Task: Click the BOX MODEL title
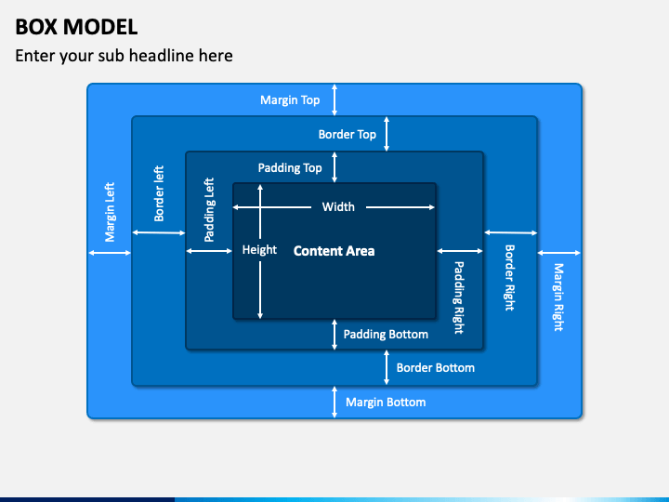(x=76, y=27)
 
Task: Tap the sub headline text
(x=124, y=56)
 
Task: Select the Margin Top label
(x=290, y=99)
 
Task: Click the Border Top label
(x=348, y=135)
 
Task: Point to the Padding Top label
(x=290, y=167)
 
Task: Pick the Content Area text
(x=334, y=251)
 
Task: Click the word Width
(x=338, y=207)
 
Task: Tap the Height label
(x=259, y=250)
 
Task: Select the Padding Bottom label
(x=386, y=335)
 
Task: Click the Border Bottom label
(x=435, y=367)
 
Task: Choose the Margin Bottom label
(x=386, y=403)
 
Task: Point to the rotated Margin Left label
(x=110, y=212)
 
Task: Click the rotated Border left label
(x=159, y=193)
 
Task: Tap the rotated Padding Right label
(x=459, y=297)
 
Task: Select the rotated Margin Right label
(x=558, y=297)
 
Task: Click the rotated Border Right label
(x=510, y=277)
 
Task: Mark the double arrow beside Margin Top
(x=334, y=99)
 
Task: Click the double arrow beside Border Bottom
(x=387, y=367)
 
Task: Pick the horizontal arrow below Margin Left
(x=110, y=253)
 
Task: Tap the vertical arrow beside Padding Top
(x=334, y=167)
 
